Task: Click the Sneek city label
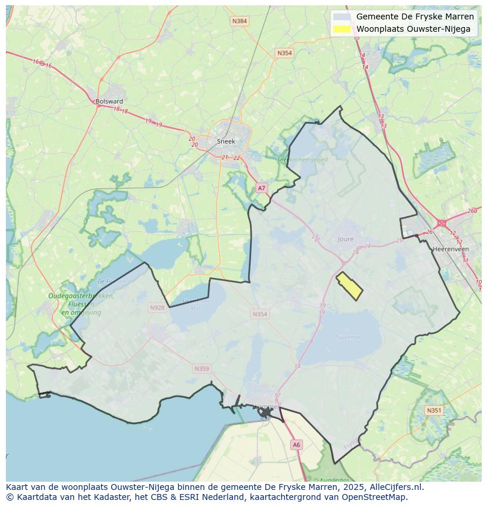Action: [x=226, y=141]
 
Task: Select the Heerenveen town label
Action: [x=450, y=249]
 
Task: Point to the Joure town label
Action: [x=346, y=239]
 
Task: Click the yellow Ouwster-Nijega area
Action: [x=349, y=286]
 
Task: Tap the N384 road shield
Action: [x=239, y=21]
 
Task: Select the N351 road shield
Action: [x=434, y=410]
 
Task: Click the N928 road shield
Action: [x=157, y=307]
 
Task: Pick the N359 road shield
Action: [x=201, y=369]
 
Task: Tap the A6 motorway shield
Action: [x=296, y=445]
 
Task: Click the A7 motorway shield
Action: [x=262, y=188]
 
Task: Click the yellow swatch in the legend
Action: [x=341, y=29]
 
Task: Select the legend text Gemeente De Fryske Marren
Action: [x=415, y=16]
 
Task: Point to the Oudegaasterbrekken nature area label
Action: [x=81, y=296]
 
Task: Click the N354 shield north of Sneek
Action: [x=284, y=53]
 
